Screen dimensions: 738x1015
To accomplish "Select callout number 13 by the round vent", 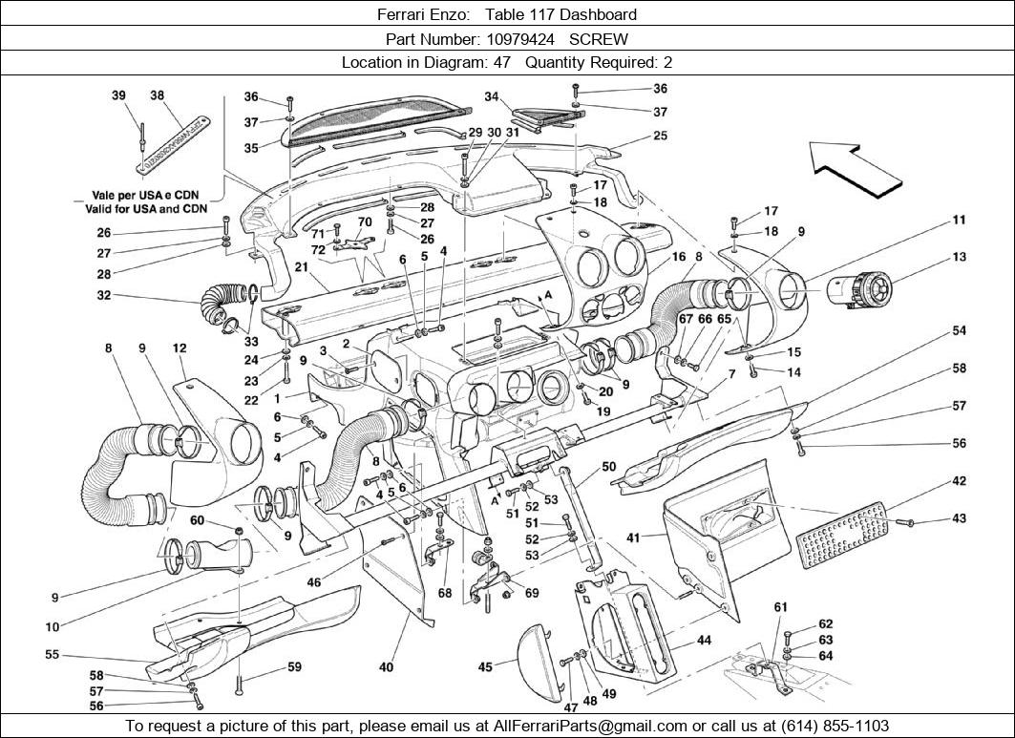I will pyautogui.click(x=959, y=257).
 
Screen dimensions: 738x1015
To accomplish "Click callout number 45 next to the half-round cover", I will pyautogui.click(x=485, y=667).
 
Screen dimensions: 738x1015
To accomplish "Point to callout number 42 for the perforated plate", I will pyautogui.click(x=959, y=481).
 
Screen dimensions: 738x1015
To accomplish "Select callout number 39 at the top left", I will pyautogui.click(x=118, y=95).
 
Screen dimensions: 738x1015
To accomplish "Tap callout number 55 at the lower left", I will pyautogui.click(x=52, y=655).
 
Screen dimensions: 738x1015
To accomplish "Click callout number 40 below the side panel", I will pyautogui.click(x=386, y=667).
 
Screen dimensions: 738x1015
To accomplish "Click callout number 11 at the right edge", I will pyautogui.click(x=959, y=220).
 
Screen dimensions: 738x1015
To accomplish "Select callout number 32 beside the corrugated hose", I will pyautogui.click(x=103, y=296).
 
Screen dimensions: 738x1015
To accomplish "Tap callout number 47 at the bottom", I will pyautogui.click(x=569, y=707).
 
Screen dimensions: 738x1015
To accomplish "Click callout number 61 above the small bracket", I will pyautogui.click(x=780, y=607).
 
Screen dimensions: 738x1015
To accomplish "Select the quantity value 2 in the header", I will pyautogui.click(x=668, y=62).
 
